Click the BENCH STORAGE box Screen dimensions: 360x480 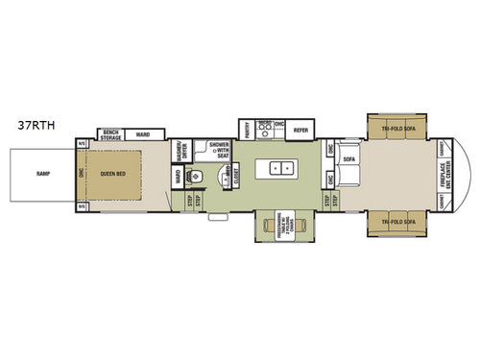click(111, 134)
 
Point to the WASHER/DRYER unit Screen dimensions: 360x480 click(180, 152)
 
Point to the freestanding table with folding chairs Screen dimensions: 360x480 click(280, 231)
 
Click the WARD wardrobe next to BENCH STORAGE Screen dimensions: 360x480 click(142, 134)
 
